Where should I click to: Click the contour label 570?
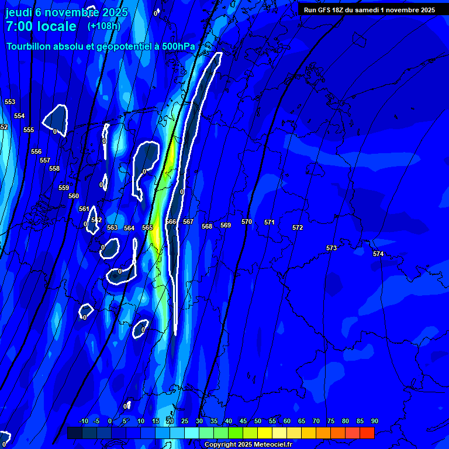coord(247,222)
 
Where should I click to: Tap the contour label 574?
coord(378,254)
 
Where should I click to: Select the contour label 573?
coord(331,248)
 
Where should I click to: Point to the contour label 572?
coord(298,227)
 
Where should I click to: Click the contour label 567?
coord(188,222)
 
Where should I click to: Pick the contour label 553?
coord(10,102)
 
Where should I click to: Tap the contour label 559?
coord(64,188)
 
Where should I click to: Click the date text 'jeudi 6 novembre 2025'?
coord(67,12)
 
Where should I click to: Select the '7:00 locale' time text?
coord(41,26)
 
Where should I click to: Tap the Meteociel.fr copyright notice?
coord(248,445)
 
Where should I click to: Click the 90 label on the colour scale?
coord(374,421)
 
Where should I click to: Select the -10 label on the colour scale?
coord(83,421)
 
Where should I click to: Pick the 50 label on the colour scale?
coord(258,421)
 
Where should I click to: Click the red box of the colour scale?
coord(367,433)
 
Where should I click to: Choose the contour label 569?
coord(226,225)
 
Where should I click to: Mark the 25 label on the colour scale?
coord(185,421)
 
